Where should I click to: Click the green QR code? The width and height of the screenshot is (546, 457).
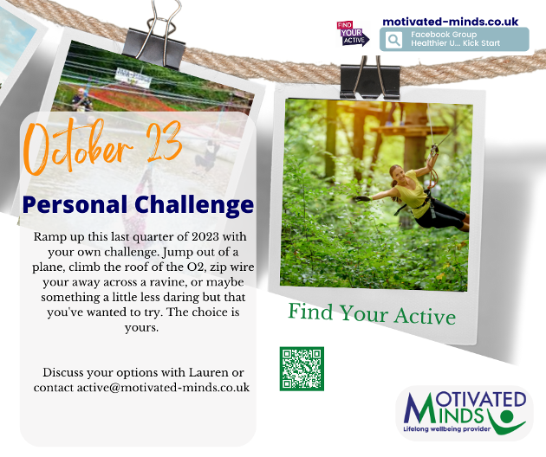coord(302,369)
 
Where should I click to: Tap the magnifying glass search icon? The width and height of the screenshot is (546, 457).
coord(393,40)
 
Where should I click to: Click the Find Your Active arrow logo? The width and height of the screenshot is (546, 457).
coord(353,34)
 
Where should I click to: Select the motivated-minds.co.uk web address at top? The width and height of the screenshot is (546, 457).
coord(451,22)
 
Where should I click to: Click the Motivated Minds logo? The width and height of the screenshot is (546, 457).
coord(465,413)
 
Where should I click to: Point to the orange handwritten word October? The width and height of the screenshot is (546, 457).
coord(77,147)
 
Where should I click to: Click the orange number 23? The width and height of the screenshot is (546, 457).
coord(164,142)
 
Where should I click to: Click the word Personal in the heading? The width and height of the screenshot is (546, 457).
coord(75,204)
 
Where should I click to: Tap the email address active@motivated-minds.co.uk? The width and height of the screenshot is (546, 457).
coord(163,388)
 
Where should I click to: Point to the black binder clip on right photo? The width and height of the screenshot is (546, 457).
coord(370,77)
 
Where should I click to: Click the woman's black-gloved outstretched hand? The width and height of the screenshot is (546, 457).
coord(362,198)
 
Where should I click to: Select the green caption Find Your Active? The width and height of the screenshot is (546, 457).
coord(372,313)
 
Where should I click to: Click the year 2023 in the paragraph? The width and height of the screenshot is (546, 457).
coord(205,237)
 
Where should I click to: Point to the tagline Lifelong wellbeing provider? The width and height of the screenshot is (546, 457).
coord(446,428)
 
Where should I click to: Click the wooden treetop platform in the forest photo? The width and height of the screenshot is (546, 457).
coord(409,130)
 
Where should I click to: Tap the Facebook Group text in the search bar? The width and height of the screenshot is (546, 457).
coord(444,35)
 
